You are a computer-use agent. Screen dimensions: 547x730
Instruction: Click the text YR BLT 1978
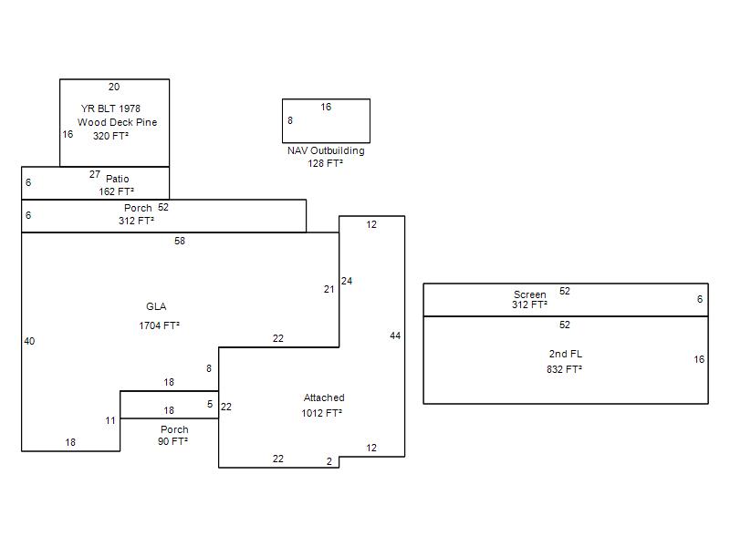(110, 108)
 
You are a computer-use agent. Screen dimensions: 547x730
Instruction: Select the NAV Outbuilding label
(326, 150)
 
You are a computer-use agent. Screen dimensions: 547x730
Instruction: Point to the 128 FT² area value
(326, 163)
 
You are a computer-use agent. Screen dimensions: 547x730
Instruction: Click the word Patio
(118, 179)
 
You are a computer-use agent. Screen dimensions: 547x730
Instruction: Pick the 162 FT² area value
(117, 192)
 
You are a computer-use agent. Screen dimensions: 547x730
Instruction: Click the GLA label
(156, 306)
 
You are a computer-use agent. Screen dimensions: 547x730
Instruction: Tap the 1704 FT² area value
(159, 325)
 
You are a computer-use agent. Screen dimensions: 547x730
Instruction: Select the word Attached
(324, 397)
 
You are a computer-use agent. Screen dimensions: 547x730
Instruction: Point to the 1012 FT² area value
(322, 413)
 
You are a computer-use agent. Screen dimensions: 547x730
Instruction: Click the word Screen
(529, 294)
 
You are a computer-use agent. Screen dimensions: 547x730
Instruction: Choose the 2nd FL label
(565, 354)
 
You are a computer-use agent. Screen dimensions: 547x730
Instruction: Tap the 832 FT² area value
(565, 369)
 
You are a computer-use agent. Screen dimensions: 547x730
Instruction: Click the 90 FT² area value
(174, 441)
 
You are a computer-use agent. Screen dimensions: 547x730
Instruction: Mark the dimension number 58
(180, 242)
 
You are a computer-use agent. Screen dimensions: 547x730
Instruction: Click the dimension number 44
(395, 336)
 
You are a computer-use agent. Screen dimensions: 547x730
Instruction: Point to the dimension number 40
(29, 342)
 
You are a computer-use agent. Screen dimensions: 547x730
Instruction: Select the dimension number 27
(95, 174)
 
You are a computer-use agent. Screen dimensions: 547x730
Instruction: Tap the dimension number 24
(347, 282)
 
